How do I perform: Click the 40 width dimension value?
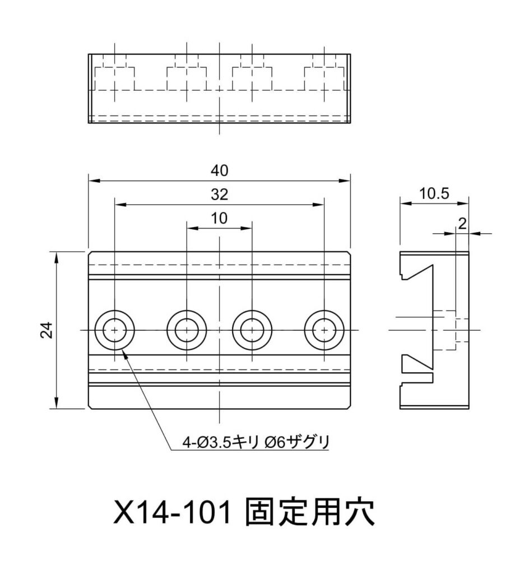[x=220, y=170]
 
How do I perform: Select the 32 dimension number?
[x=220, y=195]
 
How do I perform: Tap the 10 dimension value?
[x=220, y=219]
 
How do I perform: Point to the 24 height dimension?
[x=47, y=331]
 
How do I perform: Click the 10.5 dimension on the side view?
[x=434, y=194]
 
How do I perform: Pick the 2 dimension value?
[x=462, y=224]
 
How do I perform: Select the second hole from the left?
[x=187, y=330]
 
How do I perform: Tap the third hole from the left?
[x=252, y=330]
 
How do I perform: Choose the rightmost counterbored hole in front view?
[x=324, y=330]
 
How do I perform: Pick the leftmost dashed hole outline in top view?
[x=115, y=78]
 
